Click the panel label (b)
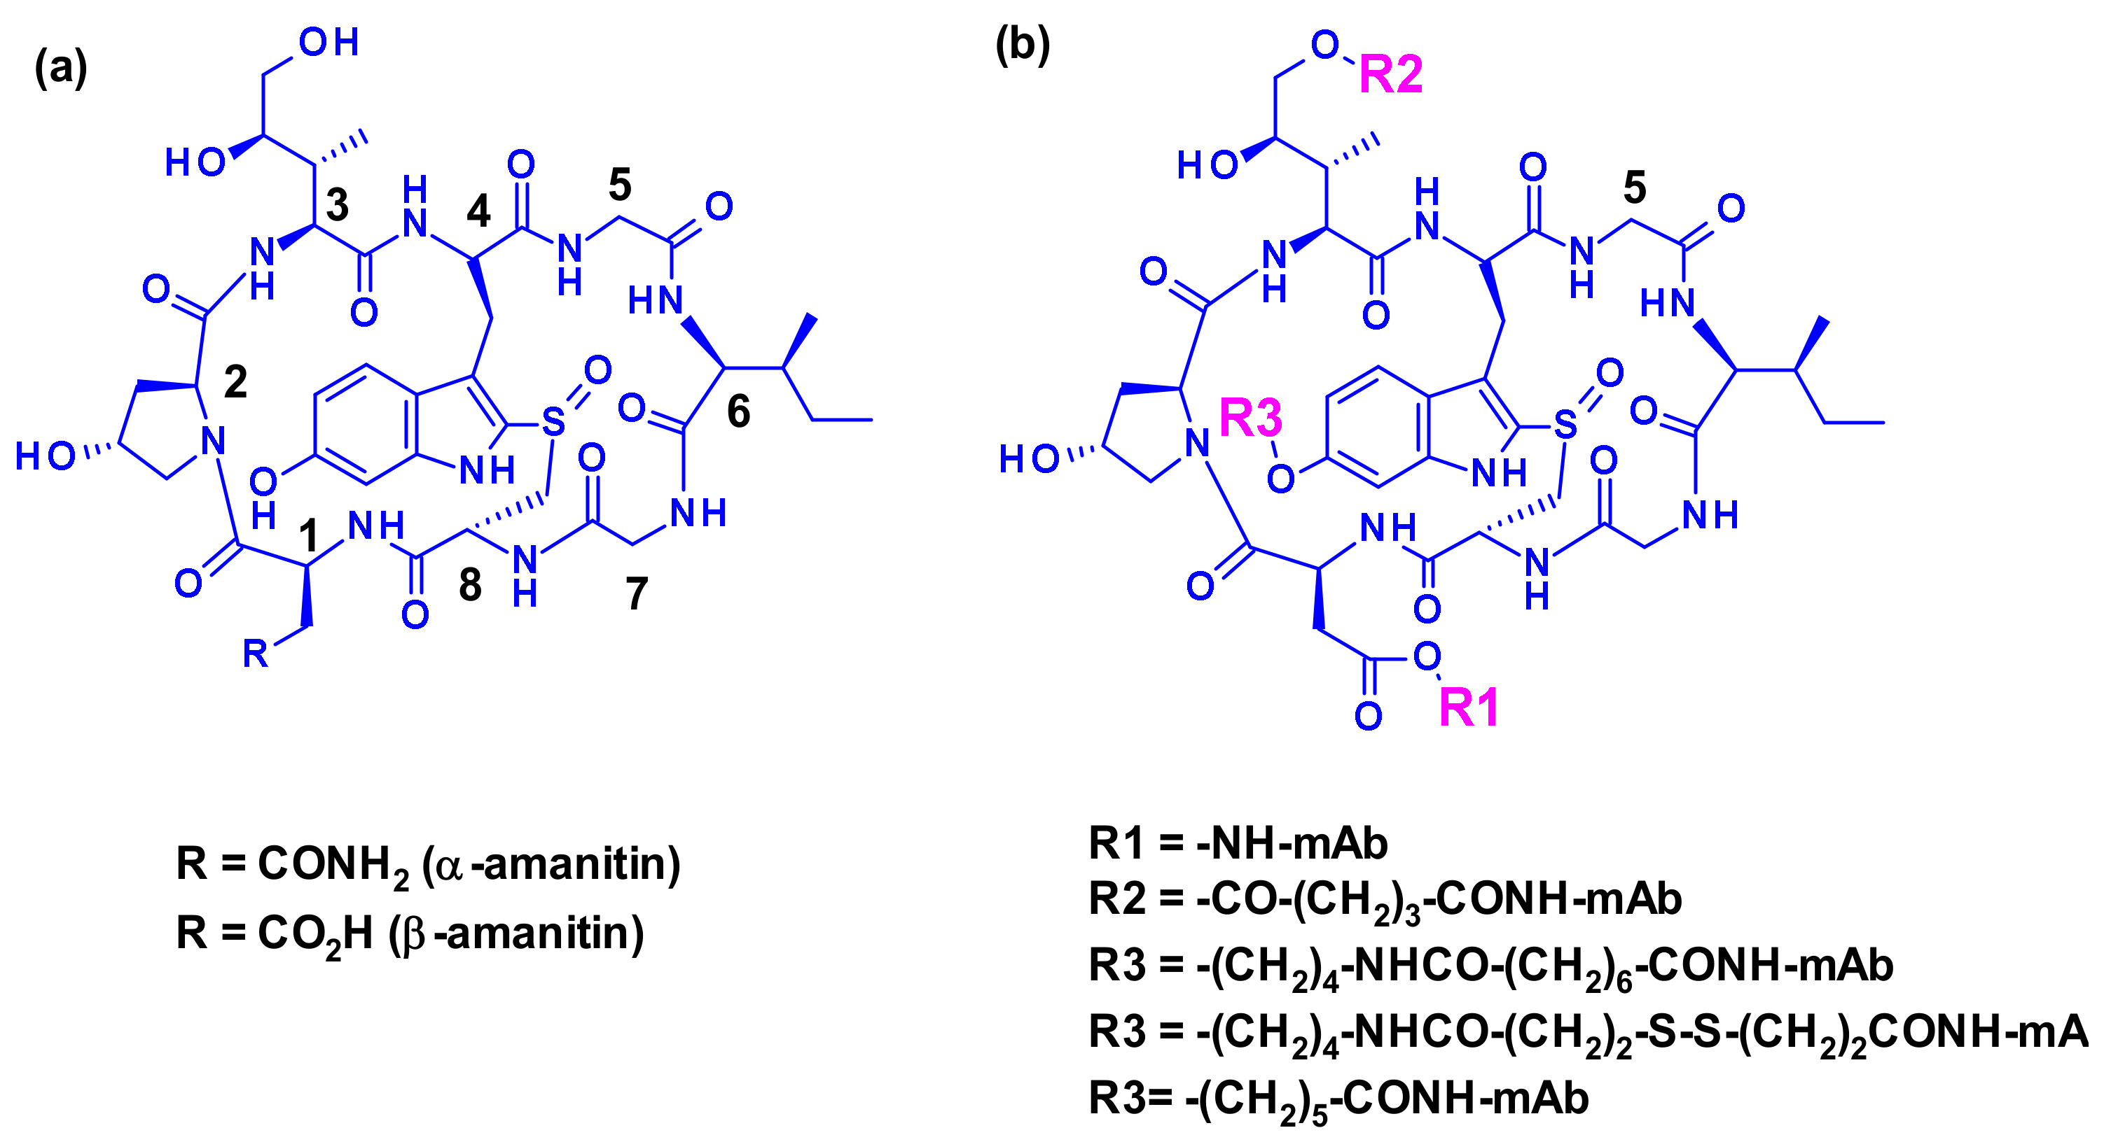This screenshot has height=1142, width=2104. pyautogui.click(x=1022, y=43)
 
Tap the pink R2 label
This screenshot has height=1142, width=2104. pyautogui.click(x=1391, y=74)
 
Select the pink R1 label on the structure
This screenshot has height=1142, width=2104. pyautogui.click(x=1469, y=707)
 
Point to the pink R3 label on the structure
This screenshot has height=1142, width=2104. pyautogui.click(x=1250, y=418)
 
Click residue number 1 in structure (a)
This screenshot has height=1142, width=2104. pyautogui.click(x=308, y=536)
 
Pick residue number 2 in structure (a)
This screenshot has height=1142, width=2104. pyautogui.click(x=235, y=382)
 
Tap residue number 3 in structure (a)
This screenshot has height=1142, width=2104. pyautogui.click(x=336, y=205)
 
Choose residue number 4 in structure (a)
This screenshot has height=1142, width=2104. pyautogui.click(x=478, y=211)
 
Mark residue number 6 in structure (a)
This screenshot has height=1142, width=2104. pyautogui.click(x=738, y=411)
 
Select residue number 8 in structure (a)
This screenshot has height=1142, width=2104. pyautogui.click(x=470, y=585)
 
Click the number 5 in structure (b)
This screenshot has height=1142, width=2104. pyautogui.click(x=1633, y=188)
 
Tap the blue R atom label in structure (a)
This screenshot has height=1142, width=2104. pyautogui.click(x=255, y=654)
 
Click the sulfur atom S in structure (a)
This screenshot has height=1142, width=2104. pyautogui.click(x=553, y=423)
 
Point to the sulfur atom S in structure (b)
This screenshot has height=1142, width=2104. pyautogui.click(x=1565, y=425)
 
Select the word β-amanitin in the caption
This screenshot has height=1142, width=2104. pyautogui.click(x=522, y=933)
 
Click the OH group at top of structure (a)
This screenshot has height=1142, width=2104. pyautogui.click(x=328, y=43)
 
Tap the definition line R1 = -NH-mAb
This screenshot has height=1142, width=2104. pyautogui.click(x=1238, y=843)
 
